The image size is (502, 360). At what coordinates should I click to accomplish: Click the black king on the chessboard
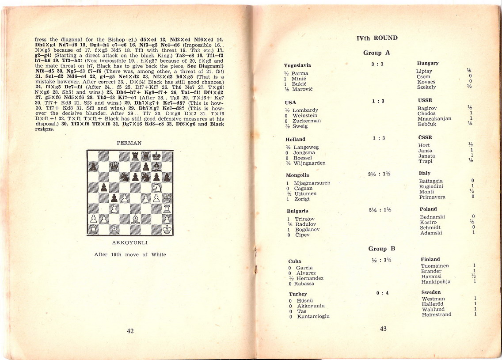click(x=156, y=155)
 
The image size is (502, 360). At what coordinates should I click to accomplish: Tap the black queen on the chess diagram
click(x=114, y=166)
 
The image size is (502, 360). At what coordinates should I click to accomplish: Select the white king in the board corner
click(x=167, y=230)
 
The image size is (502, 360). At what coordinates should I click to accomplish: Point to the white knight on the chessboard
click(x=156, y=187)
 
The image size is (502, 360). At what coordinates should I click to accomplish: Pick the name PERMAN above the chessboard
click(x=129, y=143)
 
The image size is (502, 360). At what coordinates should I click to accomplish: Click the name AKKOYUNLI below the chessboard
click(x=129, y=243)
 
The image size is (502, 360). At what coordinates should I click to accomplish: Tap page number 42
click(x=130, y=331)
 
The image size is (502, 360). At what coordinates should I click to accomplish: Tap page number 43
click(x=383, y=328)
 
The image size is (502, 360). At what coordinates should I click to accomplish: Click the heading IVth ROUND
click(x=377, y=38)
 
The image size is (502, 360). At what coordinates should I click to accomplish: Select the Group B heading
click(x=377, y=249)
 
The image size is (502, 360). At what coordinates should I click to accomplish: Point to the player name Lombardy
click(x=305, y=110)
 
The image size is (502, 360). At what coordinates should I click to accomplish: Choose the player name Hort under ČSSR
click(x=423, y=145)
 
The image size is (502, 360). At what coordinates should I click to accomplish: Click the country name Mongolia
click(x=297, y=175)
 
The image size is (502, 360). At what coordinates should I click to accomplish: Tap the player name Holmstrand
click(x=437, y=315)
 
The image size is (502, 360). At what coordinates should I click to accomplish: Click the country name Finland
click(x=430, y=259)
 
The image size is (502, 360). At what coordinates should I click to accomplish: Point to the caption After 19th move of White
click(x=130, y=254)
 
